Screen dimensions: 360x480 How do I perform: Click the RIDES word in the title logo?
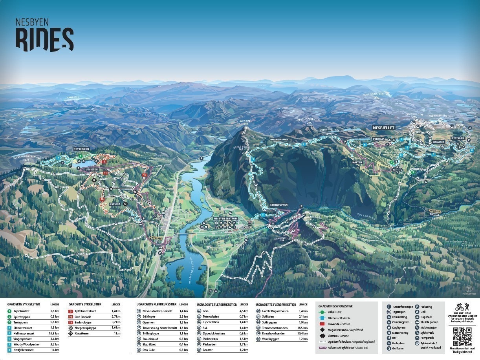[44, 40]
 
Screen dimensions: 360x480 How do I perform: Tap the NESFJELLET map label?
[383, 128]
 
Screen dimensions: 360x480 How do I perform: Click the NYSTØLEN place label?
[458, 138]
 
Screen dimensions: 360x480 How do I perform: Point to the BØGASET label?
[438, 142]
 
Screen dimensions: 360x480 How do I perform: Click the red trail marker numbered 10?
[102, 199]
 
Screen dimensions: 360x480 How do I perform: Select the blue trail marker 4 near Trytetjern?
[59, 157]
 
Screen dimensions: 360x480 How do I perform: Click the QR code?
[462, 336]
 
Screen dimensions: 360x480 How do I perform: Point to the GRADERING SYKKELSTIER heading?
[335, 306]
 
